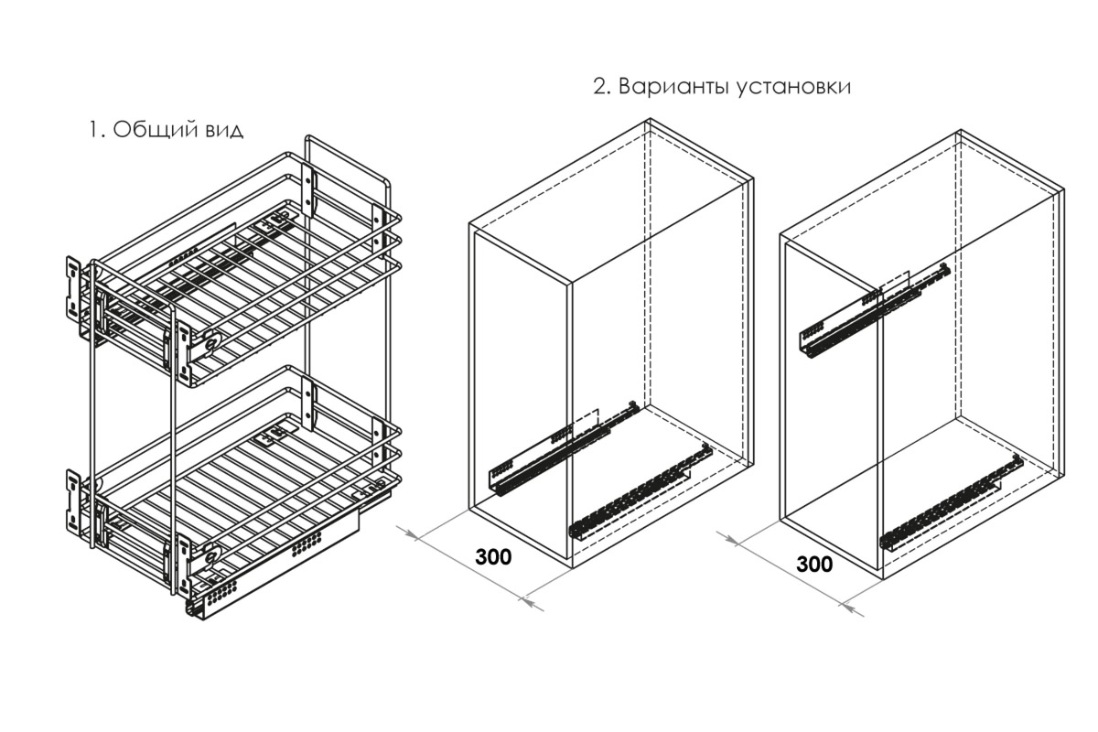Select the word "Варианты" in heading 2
pyautogui.click(x=674, y=87)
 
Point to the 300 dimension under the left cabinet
pyautogui.click(x=493, y=556)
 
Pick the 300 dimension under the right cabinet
pyautogui.click(x=814, y=565)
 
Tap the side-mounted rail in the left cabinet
pyautogui.click(x=564, y=448)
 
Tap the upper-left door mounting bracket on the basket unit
pyautogui.click(x=73, y=286)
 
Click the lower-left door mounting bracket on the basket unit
pyautogui.click(x=73, y=501)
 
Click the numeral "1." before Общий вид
pyautogui.click(x=97, y=131)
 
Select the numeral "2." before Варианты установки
pyautogui.click(x=602, y=87)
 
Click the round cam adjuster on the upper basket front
pyautogui.click(x=212, y=339)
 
